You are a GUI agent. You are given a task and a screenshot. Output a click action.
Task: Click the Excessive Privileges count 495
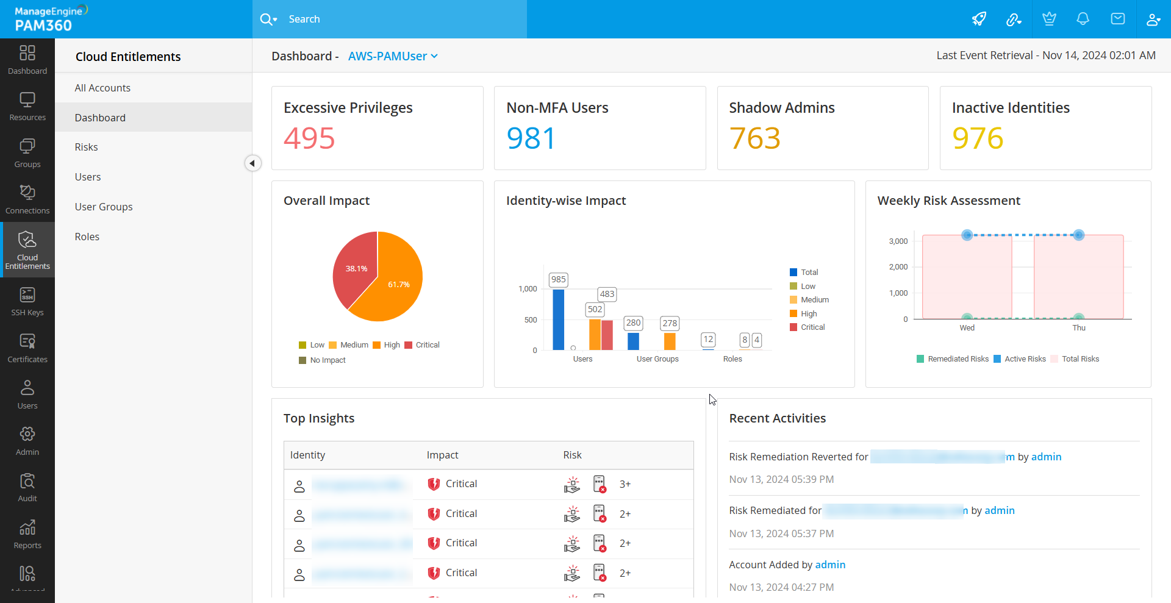coord(309,138)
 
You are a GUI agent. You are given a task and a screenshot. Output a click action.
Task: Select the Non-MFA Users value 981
coord(531,138)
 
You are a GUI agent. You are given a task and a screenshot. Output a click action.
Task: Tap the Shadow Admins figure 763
coord(754,138)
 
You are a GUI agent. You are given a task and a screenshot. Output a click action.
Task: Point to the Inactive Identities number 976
coord(978,138)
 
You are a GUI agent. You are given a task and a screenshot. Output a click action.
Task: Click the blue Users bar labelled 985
coord(558,319)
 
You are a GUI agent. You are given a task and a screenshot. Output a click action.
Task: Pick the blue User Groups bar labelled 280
coord(633,341)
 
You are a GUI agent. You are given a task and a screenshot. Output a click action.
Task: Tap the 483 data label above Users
coord(607,294)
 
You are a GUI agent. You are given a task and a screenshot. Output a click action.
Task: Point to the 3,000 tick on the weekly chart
coord(898,241)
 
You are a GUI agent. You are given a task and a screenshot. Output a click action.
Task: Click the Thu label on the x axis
coord(1079,328)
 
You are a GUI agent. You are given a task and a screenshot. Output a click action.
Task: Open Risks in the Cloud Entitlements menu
coord(87,148)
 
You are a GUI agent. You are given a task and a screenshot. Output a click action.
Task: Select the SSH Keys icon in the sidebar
coord(27,296)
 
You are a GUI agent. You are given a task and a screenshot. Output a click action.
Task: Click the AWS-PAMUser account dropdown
coord(393,56)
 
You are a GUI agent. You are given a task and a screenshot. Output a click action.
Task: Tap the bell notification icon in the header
coord(1083,19)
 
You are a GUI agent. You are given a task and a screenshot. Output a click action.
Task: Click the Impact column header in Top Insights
coord(442,455)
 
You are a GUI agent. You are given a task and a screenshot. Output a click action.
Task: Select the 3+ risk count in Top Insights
coord(625,484)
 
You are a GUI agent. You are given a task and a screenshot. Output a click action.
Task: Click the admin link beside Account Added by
coord(830,565)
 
